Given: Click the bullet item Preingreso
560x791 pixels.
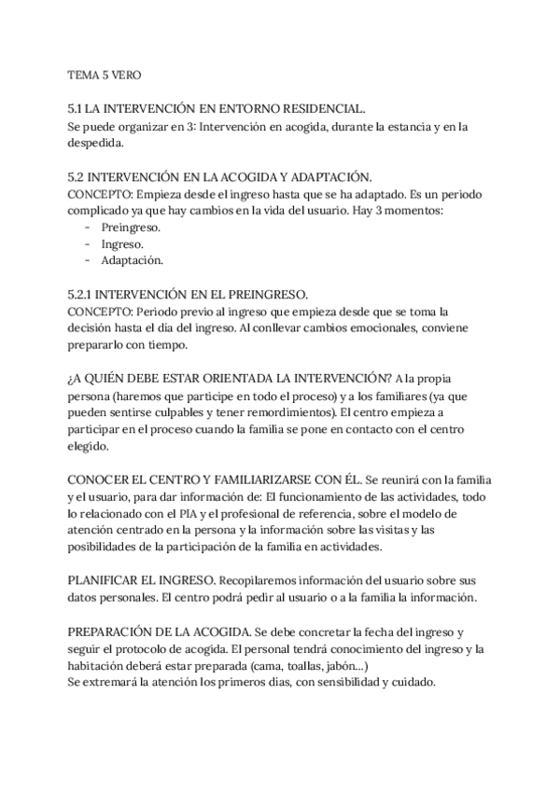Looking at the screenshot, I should coord(130,228).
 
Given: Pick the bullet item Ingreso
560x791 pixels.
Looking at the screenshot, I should coord(121,243).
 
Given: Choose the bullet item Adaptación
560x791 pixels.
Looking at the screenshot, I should coord(132,260).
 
